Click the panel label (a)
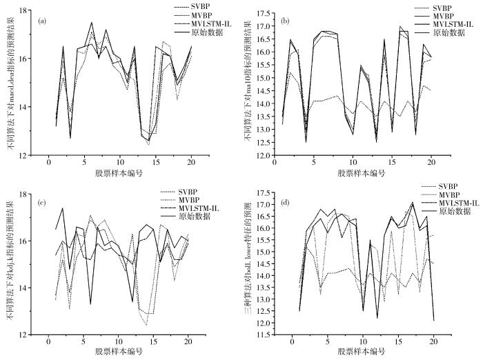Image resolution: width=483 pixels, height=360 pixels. coord(42,20)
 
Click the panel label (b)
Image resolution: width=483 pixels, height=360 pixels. coord(286,21)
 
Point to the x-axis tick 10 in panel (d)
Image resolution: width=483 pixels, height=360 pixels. coord(364,342)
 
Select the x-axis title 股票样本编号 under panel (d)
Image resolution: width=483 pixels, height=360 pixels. coord(362,352)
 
